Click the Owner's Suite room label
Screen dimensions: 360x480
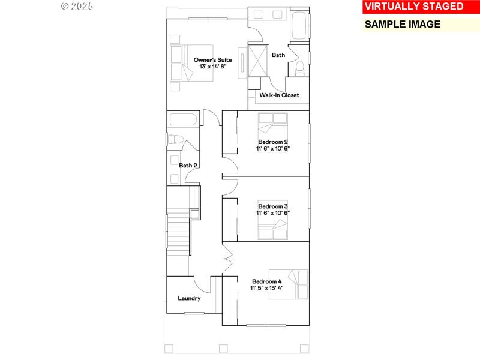pos(212,59)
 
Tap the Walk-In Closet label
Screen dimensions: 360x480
pos(279,95)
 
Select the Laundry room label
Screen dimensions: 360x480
pos(189,298)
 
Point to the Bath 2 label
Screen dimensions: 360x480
pos(188,165)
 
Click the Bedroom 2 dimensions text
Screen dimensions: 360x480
pos(269,148)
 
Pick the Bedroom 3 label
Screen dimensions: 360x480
pos(269,206)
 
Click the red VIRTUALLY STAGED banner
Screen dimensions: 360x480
pos(414,7)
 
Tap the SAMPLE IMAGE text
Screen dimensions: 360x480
pos(403,25)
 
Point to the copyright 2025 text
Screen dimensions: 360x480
pos(77,6)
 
